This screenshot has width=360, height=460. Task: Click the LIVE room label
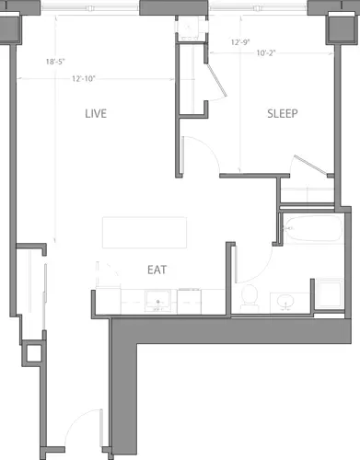pos(96,114)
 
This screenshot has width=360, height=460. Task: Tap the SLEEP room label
pos(282,114)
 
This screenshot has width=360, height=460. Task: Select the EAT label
pos(157,270)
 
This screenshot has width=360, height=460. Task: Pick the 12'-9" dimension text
pos(241,42)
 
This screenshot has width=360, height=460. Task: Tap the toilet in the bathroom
pos(248,295)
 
